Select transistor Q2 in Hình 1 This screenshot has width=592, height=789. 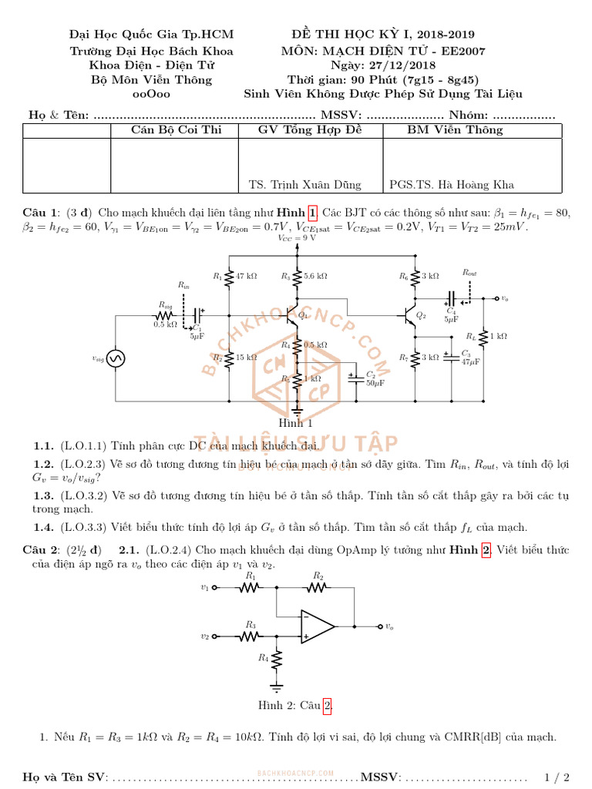tap(412, 314)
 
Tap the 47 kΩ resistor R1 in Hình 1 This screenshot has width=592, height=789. tap(230, 277)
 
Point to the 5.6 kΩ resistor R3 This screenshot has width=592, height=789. tap(297, 276)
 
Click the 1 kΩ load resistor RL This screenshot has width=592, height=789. tap(484, 336)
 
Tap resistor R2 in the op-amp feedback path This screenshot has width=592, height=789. tap(317, 587)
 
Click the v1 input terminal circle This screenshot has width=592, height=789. tap(215, 587)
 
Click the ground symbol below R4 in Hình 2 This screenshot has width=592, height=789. tap(276, 684)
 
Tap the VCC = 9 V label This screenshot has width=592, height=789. tap(297, 239)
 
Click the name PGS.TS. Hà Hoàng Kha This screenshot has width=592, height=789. tap(452, 184)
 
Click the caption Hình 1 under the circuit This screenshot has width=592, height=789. tap(295, 422)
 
